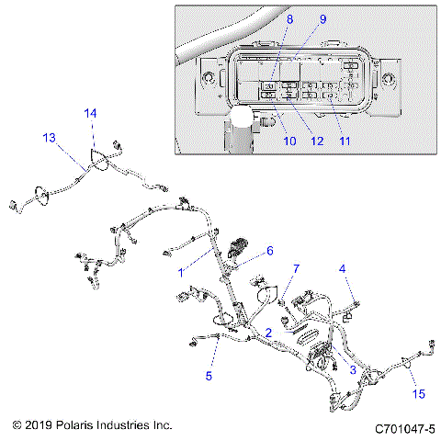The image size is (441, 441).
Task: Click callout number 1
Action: pos(182,272)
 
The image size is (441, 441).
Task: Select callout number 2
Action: pos(267,333)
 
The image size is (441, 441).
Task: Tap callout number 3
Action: pos(352,368)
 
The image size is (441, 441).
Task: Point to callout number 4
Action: pos(343,269)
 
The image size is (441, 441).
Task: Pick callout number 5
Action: pos(209,376)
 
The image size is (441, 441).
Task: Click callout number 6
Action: pos(270,251)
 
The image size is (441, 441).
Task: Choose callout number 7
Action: pos(296,268)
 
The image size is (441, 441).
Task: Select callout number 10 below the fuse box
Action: pos(289,141)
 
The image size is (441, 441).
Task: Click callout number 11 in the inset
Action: pos(345,141)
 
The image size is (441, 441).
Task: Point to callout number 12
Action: pos(318,141)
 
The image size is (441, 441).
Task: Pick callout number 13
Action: pos(49,138)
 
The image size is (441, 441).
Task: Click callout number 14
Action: pos(90,113)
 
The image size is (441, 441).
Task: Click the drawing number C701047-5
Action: pos(404,429)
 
